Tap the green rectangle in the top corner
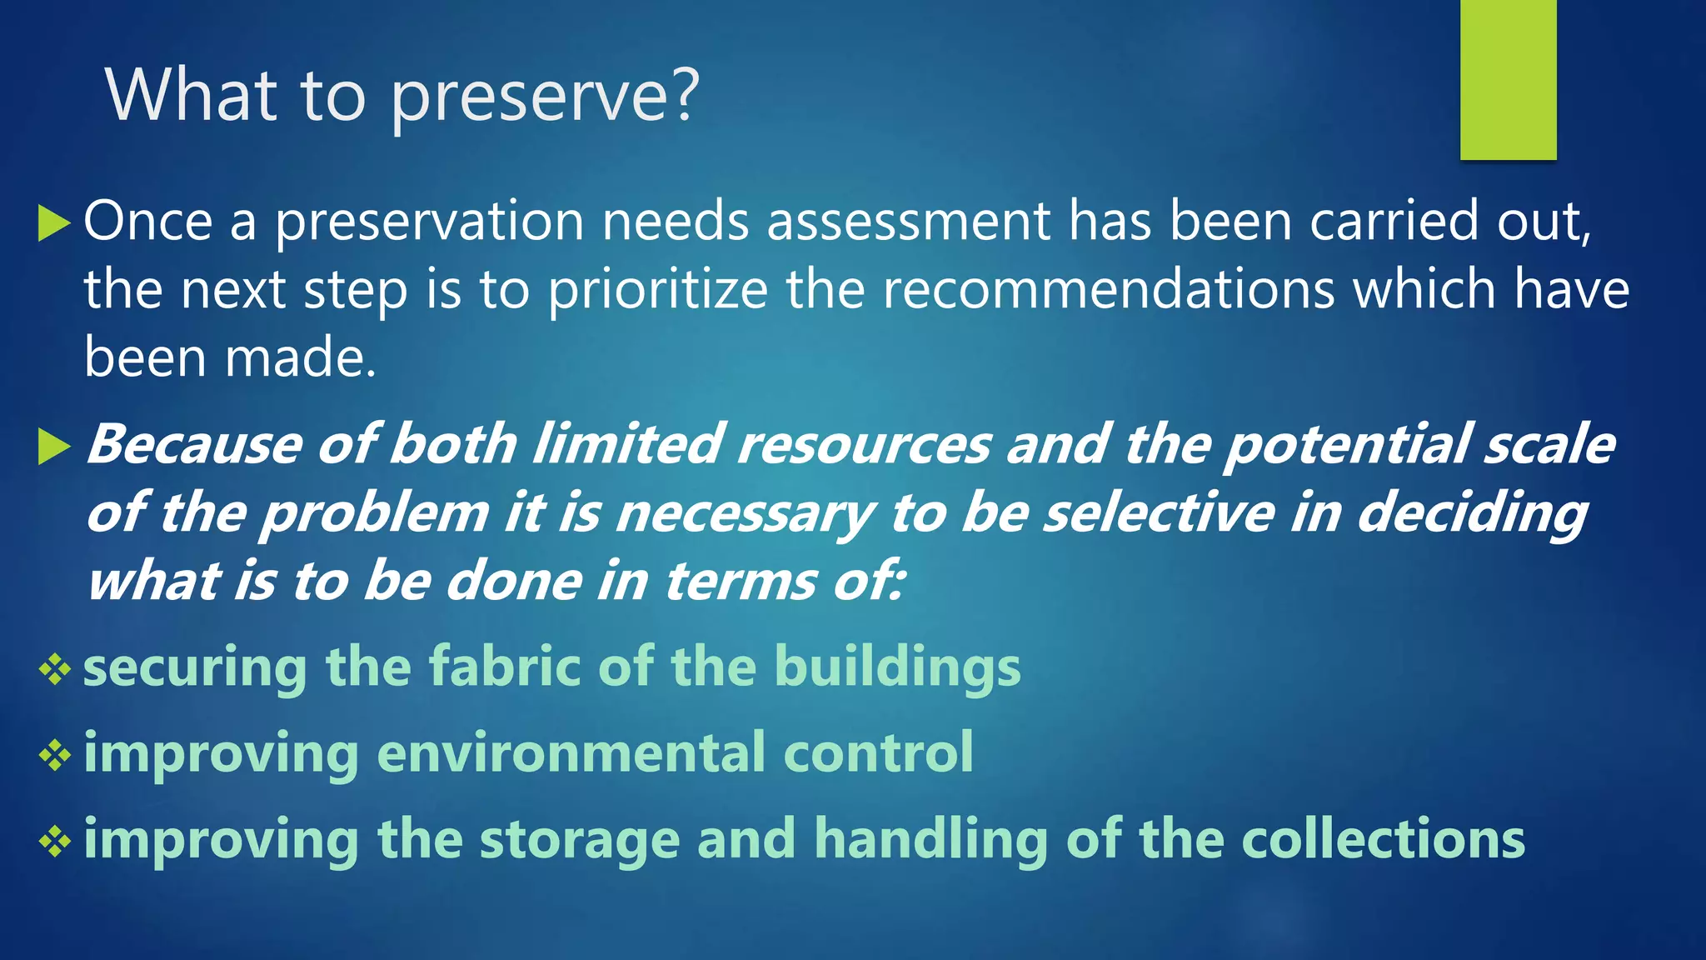click(x=1508, y=79)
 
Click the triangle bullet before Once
click(x=54, y=223)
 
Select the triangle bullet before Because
click(x=54, y=447)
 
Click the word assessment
click(x=908, y=222)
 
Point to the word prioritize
click(x=658, y=291)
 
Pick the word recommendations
click(x=1109, y=289)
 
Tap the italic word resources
click(x=864, y=444)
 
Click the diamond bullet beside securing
click(x=55, y=669)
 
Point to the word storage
click(x=580, y=841)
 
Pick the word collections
click(x=1383, y=839)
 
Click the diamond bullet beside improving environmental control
click(x=55, y=755)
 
